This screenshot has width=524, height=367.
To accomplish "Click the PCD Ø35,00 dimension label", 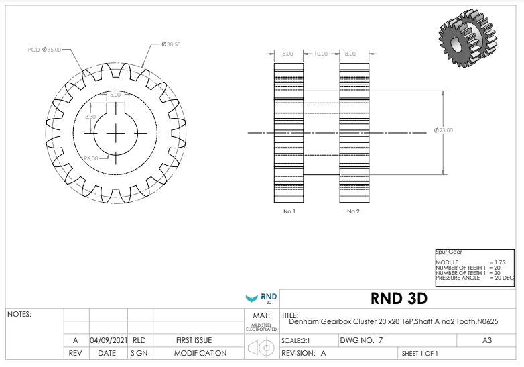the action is tap(44, 50).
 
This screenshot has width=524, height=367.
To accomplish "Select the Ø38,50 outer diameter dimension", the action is tap(171, 44).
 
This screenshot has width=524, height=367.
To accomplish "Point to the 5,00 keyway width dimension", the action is tap(115, 95).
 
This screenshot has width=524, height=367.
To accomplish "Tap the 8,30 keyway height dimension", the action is tap(90, 117).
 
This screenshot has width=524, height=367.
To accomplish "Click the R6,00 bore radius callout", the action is tap(91, 158).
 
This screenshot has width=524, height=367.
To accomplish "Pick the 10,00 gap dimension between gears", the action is tap(321, 54).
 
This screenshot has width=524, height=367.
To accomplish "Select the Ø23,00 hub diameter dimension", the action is tap(444, 130).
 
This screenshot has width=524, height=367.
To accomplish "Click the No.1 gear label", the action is tap(289, 211).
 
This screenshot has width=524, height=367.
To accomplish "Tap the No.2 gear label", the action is tap(353, 211).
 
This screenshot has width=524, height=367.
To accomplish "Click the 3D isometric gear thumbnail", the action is tap(468, 38).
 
